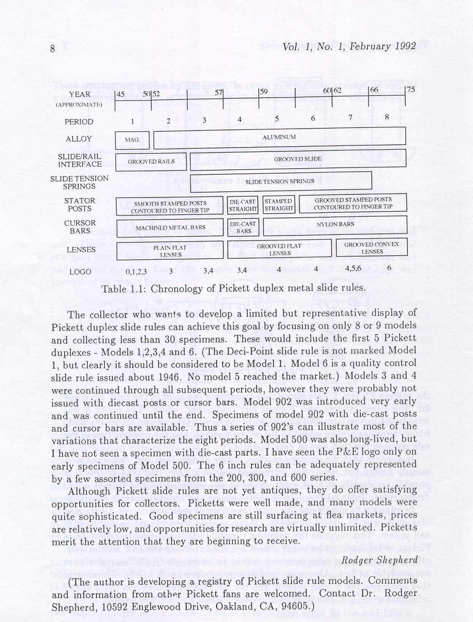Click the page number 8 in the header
coord(53,49)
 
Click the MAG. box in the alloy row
coord(132,140)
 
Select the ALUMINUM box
coord(279,137)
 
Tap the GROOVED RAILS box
coord(151,162)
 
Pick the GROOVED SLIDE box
coord(297,159)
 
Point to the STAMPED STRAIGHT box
coord(278,205)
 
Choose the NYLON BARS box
coord(335,224)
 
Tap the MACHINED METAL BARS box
coord(170,227)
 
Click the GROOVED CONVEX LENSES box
coord(371,248)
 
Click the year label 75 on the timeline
coord(410,90)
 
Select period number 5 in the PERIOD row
coord(277,118)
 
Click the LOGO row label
coord(80,272)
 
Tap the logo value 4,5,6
coord(353,268)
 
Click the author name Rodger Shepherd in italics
coord(380,560)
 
